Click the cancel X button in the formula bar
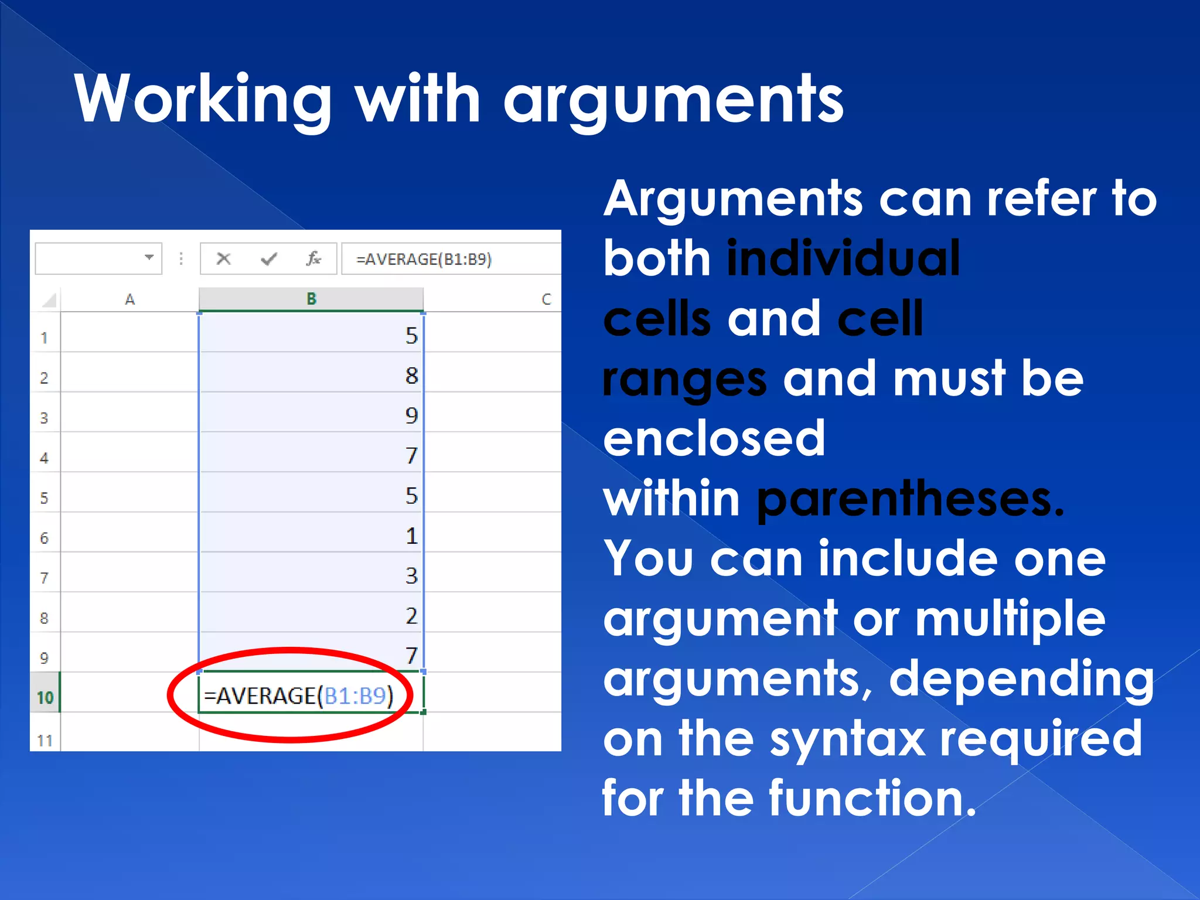pos(223,258)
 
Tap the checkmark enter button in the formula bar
pos(269,258)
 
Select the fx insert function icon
pos(313,258)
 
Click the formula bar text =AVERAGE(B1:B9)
pos(424,259)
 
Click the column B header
pos(311,299)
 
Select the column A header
pos(129,299)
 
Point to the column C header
pos(546,299)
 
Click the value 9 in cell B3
pos(411,415)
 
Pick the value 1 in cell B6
pos(411,536)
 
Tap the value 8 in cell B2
pos(411,376)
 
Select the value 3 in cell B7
pos(411,575)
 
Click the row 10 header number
pos(45,697)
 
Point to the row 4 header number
pos(44,458)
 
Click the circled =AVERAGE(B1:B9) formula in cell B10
pos(298,696)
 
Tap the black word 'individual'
pos(843,258)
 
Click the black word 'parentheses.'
pos(910,499)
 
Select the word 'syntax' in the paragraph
pos(847,739)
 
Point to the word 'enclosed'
pos(714,438)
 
